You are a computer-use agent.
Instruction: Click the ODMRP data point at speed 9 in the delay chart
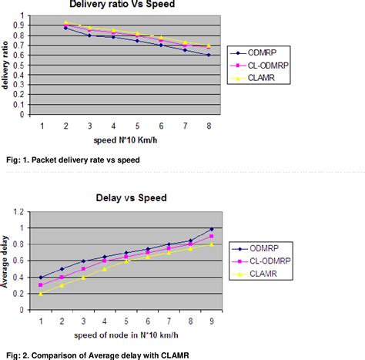(212, 229)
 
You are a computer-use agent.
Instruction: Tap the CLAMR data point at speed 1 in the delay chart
(40, 294)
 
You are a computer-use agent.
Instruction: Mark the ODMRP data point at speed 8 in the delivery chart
(208, 56)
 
